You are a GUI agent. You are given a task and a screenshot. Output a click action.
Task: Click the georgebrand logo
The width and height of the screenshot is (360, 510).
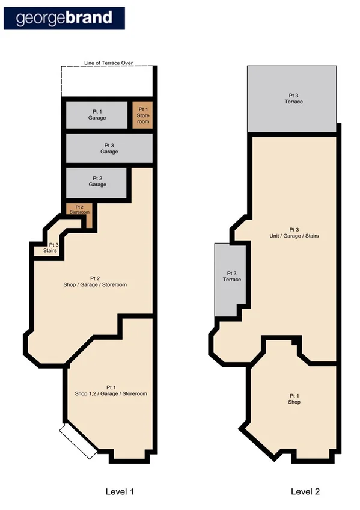pos(64,18)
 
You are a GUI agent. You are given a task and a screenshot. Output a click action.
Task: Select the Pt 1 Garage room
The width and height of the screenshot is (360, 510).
pos(97,115)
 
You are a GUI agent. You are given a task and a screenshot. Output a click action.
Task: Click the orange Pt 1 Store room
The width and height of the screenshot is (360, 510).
pos(142,115)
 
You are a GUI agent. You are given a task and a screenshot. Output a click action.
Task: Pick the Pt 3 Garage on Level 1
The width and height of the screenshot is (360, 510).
pos(109,149)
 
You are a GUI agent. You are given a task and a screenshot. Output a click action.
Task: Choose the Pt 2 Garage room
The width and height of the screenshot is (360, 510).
pos(97,182)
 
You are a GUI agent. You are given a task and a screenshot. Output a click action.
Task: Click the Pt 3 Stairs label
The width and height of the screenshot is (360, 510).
pos(53,248)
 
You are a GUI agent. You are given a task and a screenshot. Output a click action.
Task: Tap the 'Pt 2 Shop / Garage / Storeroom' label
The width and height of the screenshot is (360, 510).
pos(94,281)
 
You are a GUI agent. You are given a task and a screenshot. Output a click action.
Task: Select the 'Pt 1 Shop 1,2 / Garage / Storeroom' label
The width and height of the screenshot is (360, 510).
pos(111,390)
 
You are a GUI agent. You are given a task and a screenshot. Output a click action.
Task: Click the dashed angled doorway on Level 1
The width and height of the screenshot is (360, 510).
pos(78,441)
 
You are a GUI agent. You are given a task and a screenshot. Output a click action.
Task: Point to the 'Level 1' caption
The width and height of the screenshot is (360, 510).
pos(119,491)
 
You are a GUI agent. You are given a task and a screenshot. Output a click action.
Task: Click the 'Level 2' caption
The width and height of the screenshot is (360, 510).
pos(305,491)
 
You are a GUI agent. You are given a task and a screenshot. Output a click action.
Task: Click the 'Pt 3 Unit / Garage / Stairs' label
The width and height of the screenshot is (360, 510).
pos(294,233)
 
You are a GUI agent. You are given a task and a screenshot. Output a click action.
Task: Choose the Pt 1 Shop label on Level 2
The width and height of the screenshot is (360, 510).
pos(294,398)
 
